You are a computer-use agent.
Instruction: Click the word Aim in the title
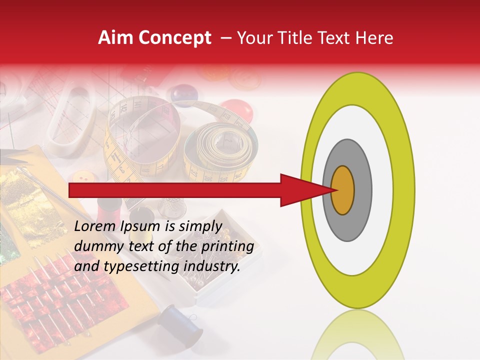click(115, 38)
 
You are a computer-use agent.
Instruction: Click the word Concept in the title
click(173, 38)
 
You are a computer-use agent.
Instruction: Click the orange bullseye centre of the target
click(342, 190)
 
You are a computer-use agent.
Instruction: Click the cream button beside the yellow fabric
click(83, 177)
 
